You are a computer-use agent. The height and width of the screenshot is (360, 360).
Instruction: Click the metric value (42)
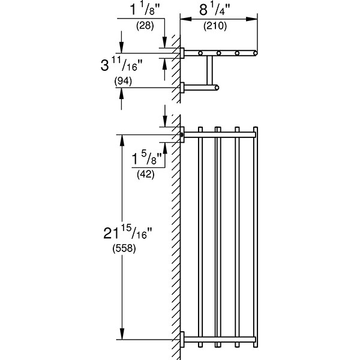(145, 175)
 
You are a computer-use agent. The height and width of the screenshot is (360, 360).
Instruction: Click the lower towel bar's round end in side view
(217, 89)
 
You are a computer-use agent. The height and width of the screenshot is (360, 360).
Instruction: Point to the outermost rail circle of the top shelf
(256, 54)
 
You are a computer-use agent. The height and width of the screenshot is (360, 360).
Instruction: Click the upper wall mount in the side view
(182, 53)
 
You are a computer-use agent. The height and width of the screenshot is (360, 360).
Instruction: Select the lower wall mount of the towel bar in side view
(182, 89)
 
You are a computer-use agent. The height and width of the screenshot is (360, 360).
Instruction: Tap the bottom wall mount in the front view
(182, 340)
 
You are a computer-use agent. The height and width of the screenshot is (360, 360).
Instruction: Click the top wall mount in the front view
(182, 133)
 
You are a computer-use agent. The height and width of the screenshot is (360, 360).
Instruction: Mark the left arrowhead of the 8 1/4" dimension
(184, 19)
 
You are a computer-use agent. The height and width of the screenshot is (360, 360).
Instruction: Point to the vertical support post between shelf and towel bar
(211, 71)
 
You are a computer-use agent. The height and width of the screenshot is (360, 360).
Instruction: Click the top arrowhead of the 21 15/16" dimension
(122, 137)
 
